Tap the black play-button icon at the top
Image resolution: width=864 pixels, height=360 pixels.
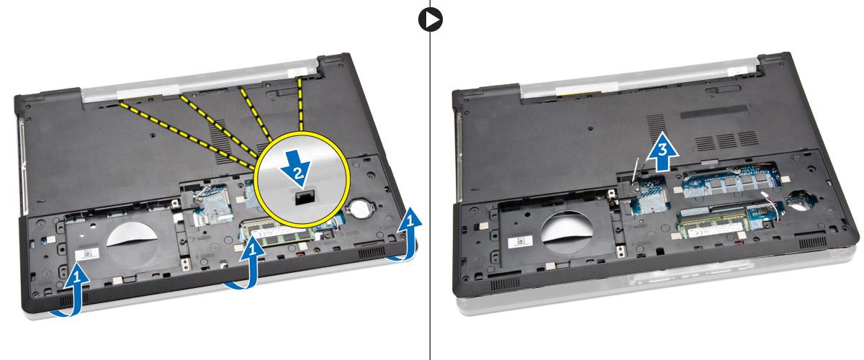430,19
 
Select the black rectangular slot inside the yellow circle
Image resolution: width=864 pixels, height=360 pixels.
305,197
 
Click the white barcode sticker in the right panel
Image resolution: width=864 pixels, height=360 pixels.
521,243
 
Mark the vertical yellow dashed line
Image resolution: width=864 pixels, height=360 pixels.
300,104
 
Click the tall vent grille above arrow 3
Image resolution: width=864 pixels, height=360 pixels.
655,127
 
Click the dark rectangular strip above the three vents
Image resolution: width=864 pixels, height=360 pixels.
714,112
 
